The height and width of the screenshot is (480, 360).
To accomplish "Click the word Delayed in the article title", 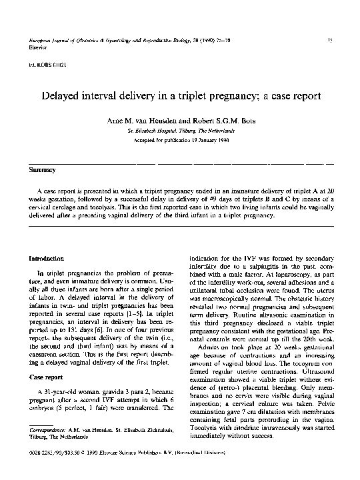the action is click(63, 95).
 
